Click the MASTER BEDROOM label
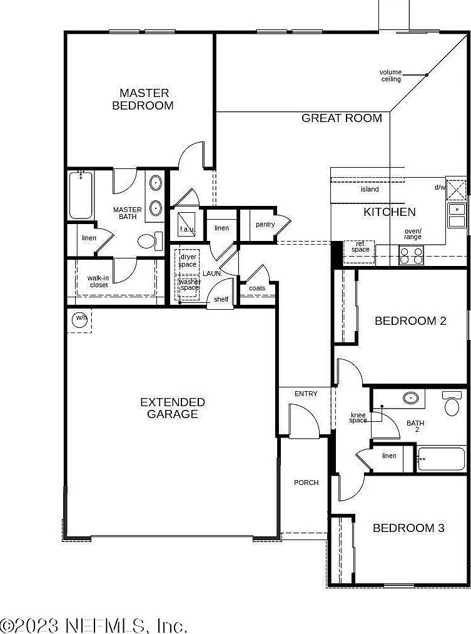pos(143,99)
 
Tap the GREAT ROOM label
pos(342,118)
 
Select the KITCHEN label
pos(389,212)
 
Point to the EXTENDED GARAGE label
pos(172,407)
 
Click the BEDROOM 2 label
pos(410,321)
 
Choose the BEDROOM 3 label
pos(408,528)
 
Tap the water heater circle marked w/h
pos(81,319)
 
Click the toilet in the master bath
pos(147,241)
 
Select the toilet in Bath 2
pos(452,406)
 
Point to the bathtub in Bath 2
pos(441,459)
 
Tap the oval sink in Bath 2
pos(410,397)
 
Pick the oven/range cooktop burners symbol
pos(411,255)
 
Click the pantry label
pos(265,224)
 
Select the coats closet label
pos(257,288)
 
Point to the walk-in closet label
pos(98,281)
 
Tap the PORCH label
pos(306,483)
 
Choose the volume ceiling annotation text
pos(391,76)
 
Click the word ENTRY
pos(306,394)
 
